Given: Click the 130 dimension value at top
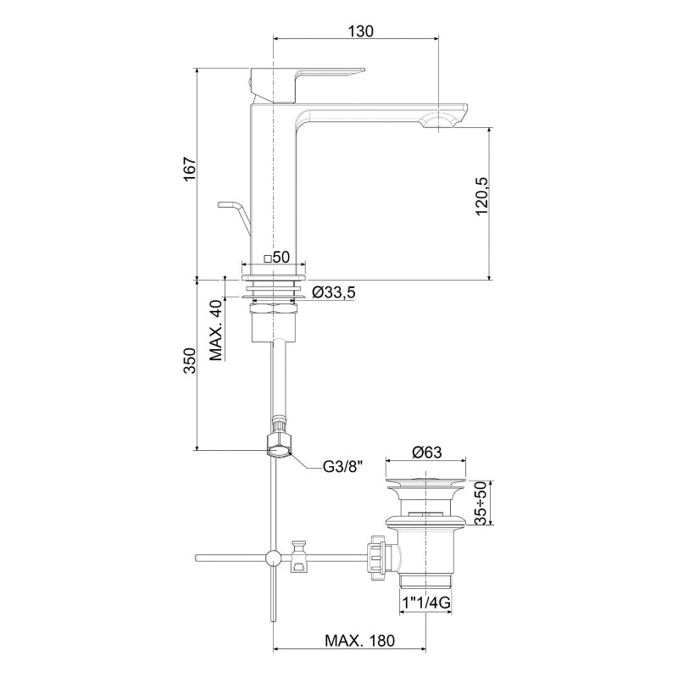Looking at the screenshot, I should (x=360, y=31).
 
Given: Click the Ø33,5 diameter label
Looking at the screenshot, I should (x=333, y=292).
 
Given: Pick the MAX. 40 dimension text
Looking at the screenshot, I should (x=217, y=330).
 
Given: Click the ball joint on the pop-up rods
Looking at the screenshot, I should (x=273, y=557).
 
